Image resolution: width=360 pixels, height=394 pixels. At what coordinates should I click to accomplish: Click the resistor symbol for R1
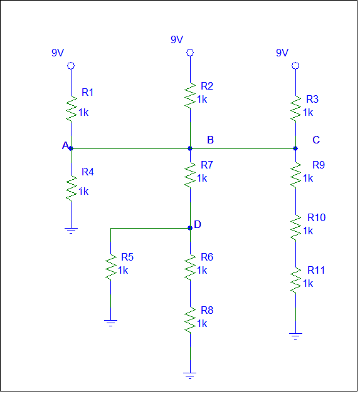(71, 108)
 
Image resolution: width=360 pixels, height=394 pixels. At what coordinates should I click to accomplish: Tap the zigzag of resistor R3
(295, 108)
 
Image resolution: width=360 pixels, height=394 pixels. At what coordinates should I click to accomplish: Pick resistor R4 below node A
(71, 187)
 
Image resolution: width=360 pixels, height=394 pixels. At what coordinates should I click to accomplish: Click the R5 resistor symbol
(110, 266)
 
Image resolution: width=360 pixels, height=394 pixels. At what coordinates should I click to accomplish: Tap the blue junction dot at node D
(189, 228)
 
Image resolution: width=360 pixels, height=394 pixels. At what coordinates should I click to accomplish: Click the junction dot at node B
(189, 148)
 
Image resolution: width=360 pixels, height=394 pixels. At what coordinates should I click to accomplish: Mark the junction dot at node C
(295, 148)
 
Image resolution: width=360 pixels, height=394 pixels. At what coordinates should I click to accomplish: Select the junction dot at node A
(71, 148)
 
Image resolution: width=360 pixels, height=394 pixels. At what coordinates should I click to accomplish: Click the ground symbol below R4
(71, 230)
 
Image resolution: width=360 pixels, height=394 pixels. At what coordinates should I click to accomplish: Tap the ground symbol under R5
(110, 323)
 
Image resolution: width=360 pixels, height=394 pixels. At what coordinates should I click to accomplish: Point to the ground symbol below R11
(295, 336)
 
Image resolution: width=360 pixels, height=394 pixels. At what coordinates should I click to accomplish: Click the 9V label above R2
(177, 39)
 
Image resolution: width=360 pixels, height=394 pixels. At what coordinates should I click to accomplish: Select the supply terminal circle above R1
(71, 65)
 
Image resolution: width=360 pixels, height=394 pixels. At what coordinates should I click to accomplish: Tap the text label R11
(316, 270)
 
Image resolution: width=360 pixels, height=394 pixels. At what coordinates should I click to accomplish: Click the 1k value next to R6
(202, 270)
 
